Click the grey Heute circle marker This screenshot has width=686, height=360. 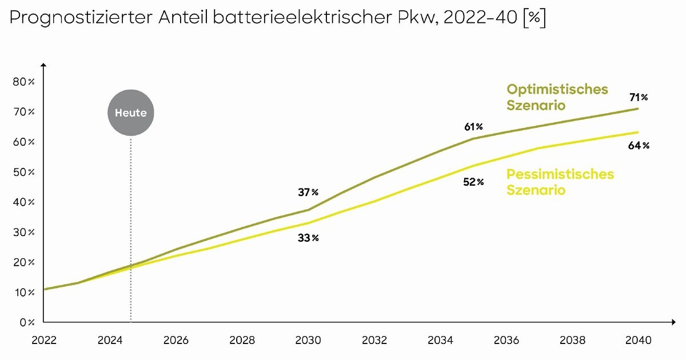click(x=131, y=113)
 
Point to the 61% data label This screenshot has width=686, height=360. click(x=473, y=126)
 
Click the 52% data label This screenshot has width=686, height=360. click(x=473, y=182)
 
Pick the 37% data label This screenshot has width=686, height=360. click(x=308, y=192)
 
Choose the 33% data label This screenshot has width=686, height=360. click(x=308, y=238)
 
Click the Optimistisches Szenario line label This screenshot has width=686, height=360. click(x=557, y=97)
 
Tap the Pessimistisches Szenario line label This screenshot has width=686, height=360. click(x=560, y=182)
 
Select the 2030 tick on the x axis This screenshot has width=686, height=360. click(x=308, y=340)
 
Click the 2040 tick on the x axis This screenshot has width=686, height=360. click(x=639, y=340)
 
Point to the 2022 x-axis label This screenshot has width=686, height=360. click(x=44, y=340)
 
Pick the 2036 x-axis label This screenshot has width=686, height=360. click(x=506, y=340)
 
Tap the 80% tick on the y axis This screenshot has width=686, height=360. click(x=23, y=82)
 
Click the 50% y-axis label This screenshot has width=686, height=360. click(x=23, y=172)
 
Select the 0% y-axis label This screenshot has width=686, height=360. click(x=26, y=322)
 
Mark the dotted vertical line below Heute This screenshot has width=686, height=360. click(x=131, y=229)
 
